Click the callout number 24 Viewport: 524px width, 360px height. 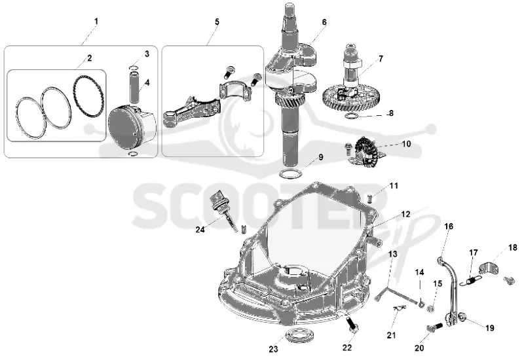200,230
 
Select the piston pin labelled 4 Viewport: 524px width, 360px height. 136,87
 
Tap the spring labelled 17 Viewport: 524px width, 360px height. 470,279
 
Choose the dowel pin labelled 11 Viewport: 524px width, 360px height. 370,198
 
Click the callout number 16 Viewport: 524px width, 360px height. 449,226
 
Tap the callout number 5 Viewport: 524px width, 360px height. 217,22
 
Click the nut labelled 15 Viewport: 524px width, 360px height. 431,309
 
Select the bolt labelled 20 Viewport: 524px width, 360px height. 434,327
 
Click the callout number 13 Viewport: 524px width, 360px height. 392,254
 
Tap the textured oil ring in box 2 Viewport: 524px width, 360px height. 88,96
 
